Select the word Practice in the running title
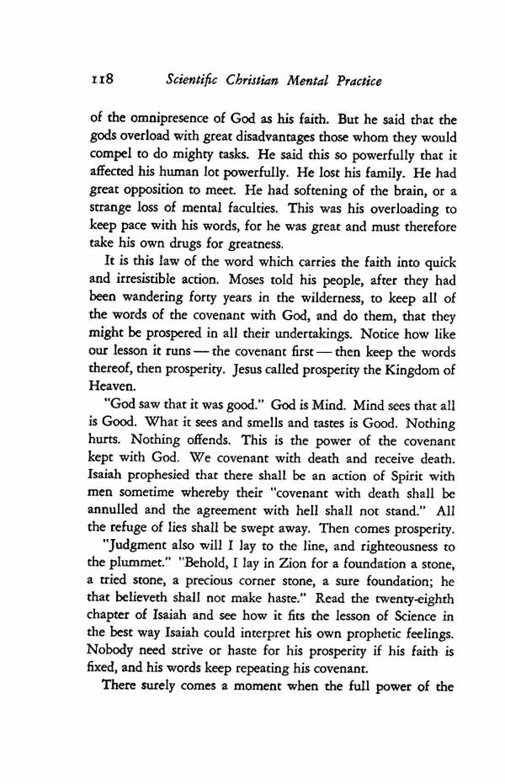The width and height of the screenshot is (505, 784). pyautogui.click(x=353, y=81)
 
